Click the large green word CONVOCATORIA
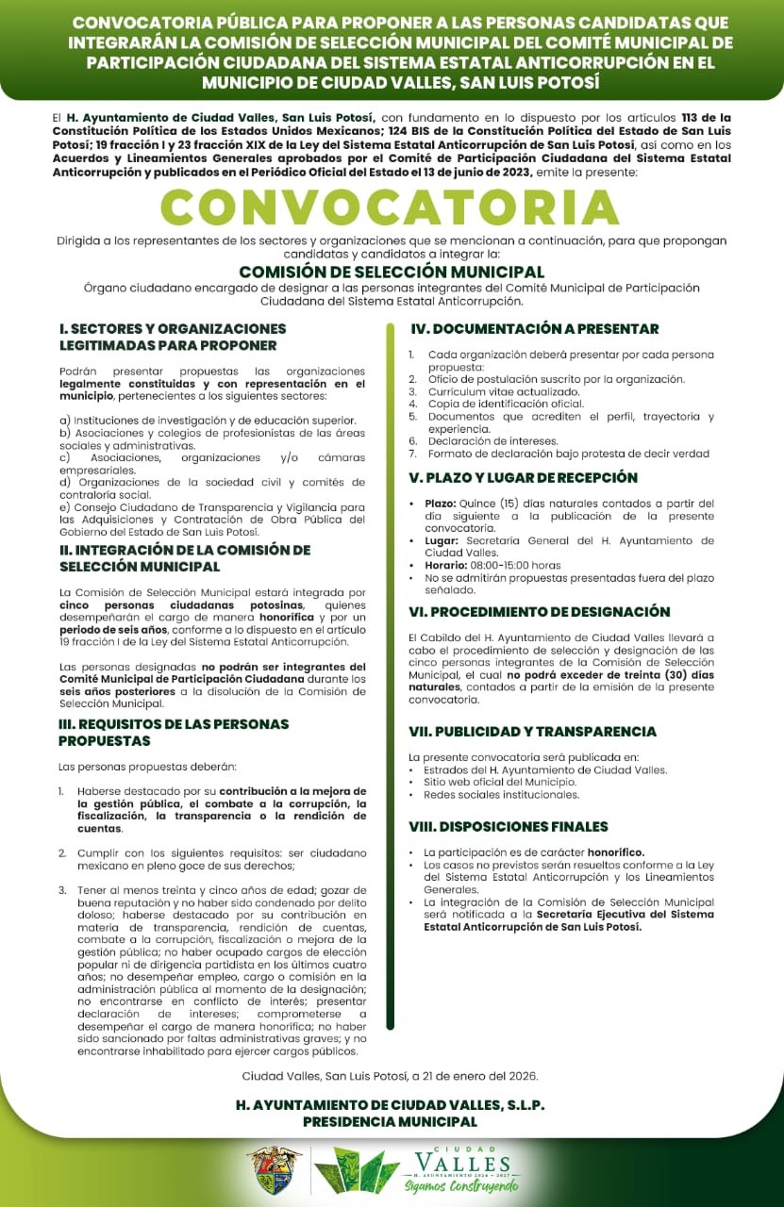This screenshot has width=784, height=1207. click(x=391, y=208)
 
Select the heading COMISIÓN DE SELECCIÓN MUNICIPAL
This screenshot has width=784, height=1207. click(x=392, y=272)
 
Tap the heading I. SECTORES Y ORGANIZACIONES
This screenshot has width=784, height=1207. click(x=173, y=329)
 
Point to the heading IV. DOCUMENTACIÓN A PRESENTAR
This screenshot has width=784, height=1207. click(x=533, y=329)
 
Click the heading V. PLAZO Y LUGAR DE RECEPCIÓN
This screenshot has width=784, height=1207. click(x=523, y=478)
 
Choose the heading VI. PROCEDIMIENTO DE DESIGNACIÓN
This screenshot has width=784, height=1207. click(x=539, y=612)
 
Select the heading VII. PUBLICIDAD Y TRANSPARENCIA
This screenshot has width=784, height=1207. click(x=532, y=732)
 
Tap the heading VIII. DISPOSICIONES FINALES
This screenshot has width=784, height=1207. click(x=508, y=827)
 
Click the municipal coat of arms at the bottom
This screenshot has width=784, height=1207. click(x=274, y=1170)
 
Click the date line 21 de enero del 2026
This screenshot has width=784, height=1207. click(x=390, y=1076)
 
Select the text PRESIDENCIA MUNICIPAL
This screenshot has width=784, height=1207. click(x=390, y=1122)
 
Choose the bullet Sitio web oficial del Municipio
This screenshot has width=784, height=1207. click(x=500, y=782)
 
